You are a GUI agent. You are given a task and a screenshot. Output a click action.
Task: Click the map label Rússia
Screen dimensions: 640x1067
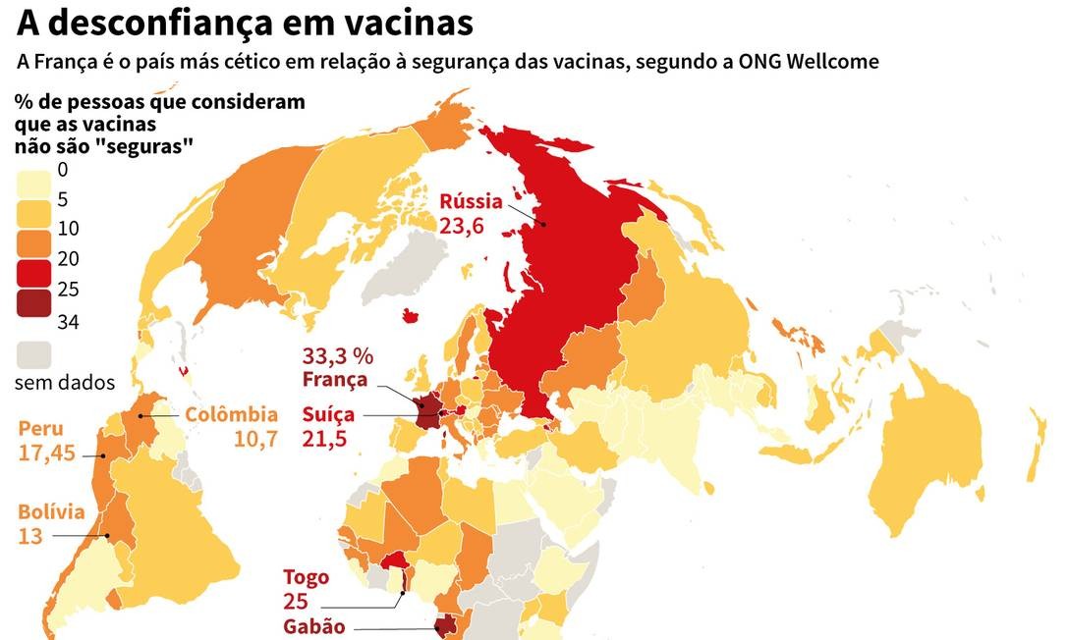(471, 202)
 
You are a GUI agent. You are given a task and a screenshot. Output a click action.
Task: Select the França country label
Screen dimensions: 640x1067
(336, 380)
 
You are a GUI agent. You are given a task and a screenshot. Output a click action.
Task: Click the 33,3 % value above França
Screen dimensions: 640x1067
(339, 356)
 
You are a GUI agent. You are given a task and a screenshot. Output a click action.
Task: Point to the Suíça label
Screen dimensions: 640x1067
(327, 415)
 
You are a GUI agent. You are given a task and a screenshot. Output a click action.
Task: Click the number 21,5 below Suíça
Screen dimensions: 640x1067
(325, 439)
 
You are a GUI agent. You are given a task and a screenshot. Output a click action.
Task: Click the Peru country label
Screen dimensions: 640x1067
(41, 429)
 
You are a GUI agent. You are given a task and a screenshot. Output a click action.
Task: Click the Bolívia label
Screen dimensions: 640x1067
(51, 512)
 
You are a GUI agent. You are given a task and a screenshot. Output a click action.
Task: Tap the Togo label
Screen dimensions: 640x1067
(306, 577)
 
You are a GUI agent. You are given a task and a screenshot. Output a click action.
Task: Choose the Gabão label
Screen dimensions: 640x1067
(314, 626)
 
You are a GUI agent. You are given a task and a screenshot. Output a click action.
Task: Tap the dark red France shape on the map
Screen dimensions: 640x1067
(427, 411)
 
